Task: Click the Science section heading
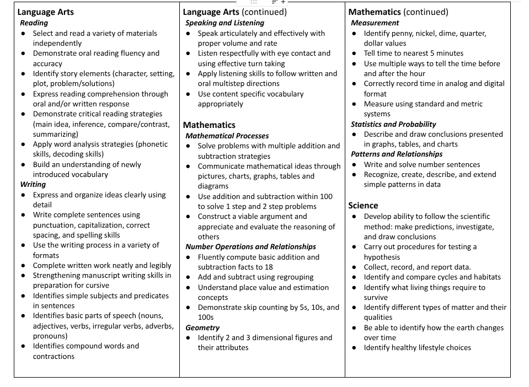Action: click(x=363, y=206)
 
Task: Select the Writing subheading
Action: click(x=33, y=185)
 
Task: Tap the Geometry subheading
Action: click(x=202, y=327)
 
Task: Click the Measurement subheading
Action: click(x=375, y=23)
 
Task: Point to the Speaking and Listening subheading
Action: click(x=225, y=23)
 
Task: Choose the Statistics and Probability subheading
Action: click(x=393, y=124)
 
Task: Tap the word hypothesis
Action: click(x=382, y=257)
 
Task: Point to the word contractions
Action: click(x=54, y=356)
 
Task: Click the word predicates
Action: click(x=151, y=295)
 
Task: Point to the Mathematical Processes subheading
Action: click(x=227, y=136)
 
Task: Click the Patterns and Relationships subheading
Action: click(x=397, y=154)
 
